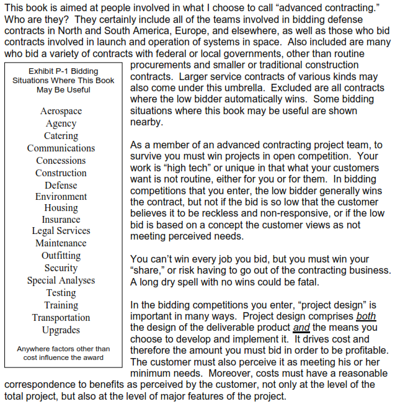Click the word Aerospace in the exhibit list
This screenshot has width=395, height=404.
click(x=61, y=111)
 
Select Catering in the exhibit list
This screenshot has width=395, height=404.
click(x=61, y=136)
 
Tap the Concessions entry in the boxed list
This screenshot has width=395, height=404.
click(x=61, y=161)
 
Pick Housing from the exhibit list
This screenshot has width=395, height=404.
click(x=61, y=208)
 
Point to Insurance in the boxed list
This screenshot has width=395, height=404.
click(x=61, y=220)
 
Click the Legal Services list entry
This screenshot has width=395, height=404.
click(x=61, y=231)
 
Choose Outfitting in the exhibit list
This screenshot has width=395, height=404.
click(x=61, y=256)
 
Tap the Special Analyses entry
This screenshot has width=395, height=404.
click(x=61, y=281)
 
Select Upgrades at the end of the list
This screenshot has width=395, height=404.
click(x=61, y=330)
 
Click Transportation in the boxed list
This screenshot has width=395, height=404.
click(x=61, y=318)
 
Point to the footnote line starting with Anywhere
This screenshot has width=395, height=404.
click(x=63, y=349)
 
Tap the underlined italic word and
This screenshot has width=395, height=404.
click(x=301, y=327)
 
